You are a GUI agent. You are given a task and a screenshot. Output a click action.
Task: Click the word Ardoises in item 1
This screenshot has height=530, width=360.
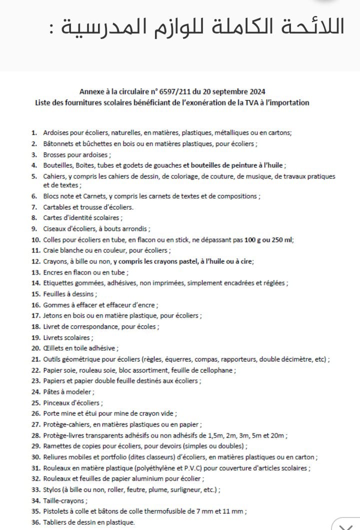[x=56, y=132]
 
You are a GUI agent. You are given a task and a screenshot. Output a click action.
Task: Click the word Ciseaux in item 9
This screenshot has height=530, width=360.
[x=54, y=228]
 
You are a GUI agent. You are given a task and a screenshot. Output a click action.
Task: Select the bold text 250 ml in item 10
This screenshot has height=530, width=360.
[x=282, y=239]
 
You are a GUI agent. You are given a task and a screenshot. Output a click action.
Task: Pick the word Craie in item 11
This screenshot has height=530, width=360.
[x=51, y=250]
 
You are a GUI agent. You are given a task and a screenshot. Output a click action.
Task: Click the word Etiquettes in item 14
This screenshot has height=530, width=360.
[x=58, y=283]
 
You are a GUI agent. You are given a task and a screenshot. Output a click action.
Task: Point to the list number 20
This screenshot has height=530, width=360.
[x=35, y=348]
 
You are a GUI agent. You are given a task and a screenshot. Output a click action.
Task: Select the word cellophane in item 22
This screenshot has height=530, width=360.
[x=216, y=370]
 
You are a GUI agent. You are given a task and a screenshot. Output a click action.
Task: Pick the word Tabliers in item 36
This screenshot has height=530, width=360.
[x=55, y=522]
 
